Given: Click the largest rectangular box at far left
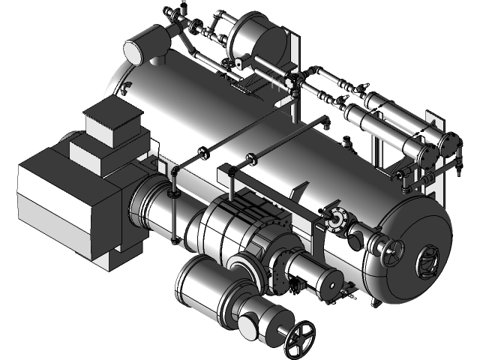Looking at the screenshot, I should click(x=64, y=202).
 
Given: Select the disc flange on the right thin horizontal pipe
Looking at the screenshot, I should click(x=250, y=159).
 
